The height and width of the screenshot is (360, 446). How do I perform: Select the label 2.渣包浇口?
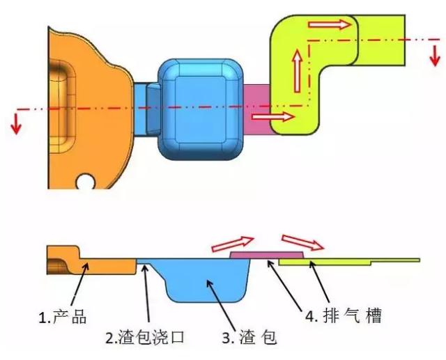pos(146,338)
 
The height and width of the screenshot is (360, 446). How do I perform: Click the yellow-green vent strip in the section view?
pos(348,262)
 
